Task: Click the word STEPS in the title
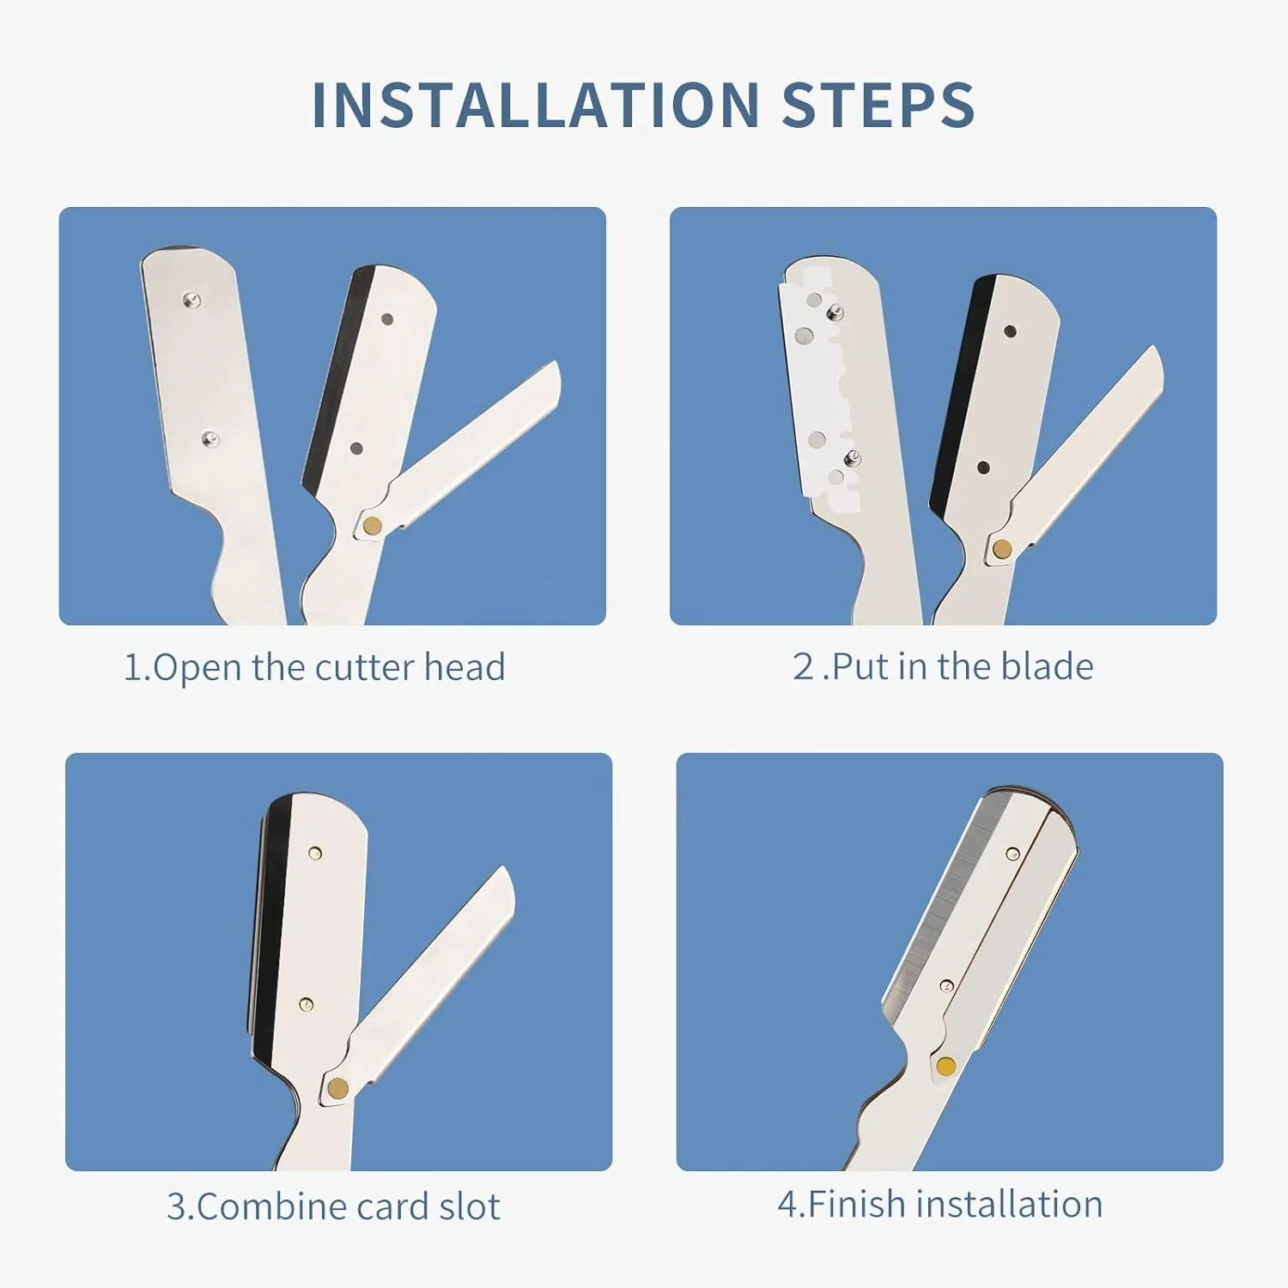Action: coord(878,106)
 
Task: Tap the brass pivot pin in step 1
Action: coord(373,526)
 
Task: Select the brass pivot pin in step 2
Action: coord(1001,548)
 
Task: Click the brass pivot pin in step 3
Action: coord(337,1088)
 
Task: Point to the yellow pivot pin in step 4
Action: coord(945,1066)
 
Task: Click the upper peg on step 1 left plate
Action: coord(192,300)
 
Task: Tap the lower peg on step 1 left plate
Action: coord(210,440)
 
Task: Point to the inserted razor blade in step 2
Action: coord(820,386)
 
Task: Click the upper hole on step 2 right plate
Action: coord(1010,331)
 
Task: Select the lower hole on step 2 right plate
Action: coord(984,468)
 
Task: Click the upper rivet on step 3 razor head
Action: coord(315,853)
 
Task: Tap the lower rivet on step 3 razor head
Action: coord(306,1004)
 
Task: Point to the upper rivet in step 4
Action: coord(1012,854)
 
